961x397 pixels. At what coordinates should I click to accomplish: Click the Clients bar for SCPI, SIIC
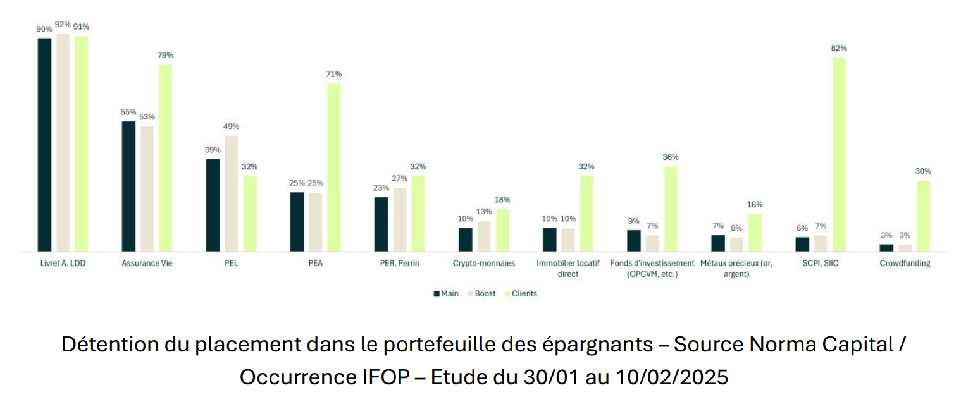click(839, 154)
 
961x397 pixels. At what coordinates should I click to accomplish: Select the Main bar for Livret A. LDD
click(44, 145)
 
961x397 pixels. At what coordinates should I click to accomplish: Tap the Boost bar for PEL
click(231, 193)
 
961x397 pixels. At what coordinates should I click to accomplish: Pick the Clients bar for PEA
click(334, 168)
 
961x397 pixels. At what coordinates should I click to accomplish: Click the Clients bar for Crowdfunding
click(923, 216)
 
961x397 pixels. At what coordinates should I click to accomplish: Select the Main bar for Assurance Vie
click(128, 186)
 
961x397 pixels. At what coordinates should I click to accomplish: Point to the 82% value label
click(839, 48)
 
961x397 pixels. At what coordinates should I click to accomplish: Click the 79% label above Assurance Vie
click(165, 55)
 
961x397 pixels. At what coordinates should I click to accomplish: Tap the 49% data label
click(231, 126)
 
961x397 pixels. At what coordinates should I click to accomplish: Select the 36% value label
click(671, 157)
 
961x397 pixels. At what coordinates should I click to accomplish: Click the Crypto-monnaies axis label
click(484, 264)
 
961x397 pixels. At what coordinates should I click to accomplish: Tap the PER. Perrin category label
click(399, 264)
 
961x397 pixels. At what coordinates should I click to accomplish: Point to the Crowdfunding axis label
click(905, 264)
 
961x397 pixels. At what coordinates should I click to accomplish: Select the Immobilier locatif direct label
click(568, 269)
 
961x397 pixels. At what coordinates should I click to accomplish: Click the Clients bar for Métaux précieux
click(755, 233)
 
